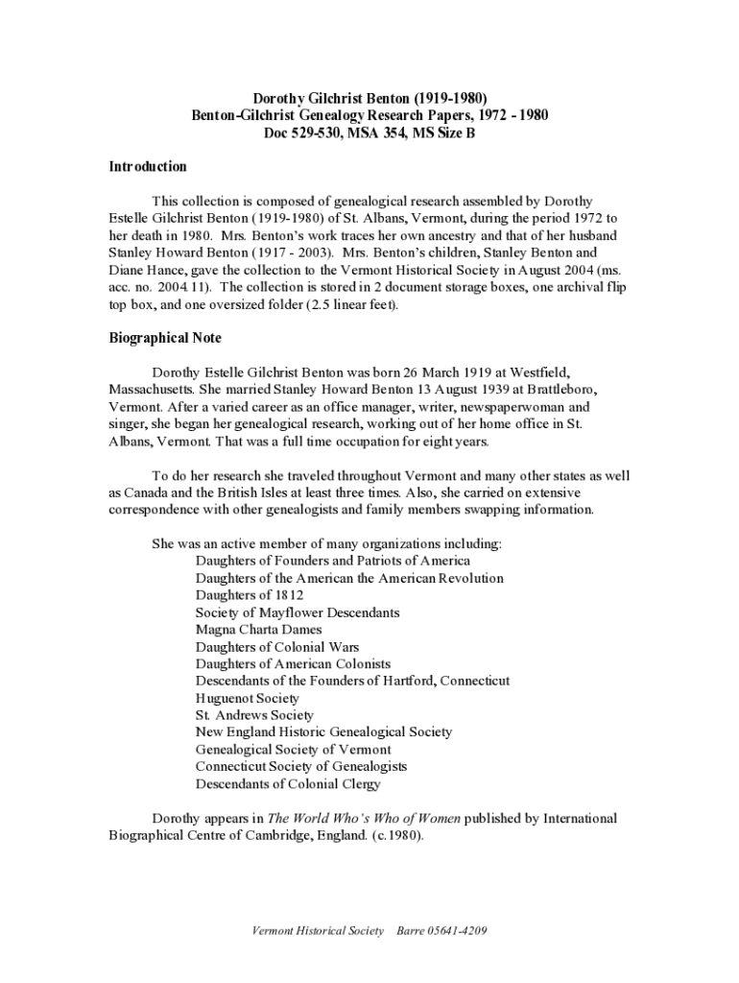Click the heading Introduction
click(147, 167)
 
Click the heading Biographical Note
click(164, 338)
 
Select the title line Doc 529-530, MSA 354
click(369, 132)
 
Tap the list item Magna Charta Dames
click(258, 630)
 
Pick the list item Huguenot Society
click(247, 698)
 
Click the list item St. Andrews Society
click(254, 715)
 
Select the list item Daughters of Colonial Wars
click(277, 647)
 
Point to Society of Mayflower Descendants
click(298, 612)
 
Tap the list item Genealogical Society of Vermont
click(293, 750)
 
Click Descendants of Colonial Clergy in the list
click(288, 784)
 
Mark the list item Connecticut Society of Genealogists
click(301, 767)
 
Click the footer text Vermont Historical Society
click(318, 931)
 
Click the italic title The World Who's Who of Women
click(364, 819)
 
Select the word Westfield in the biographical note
click(543, 372)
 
